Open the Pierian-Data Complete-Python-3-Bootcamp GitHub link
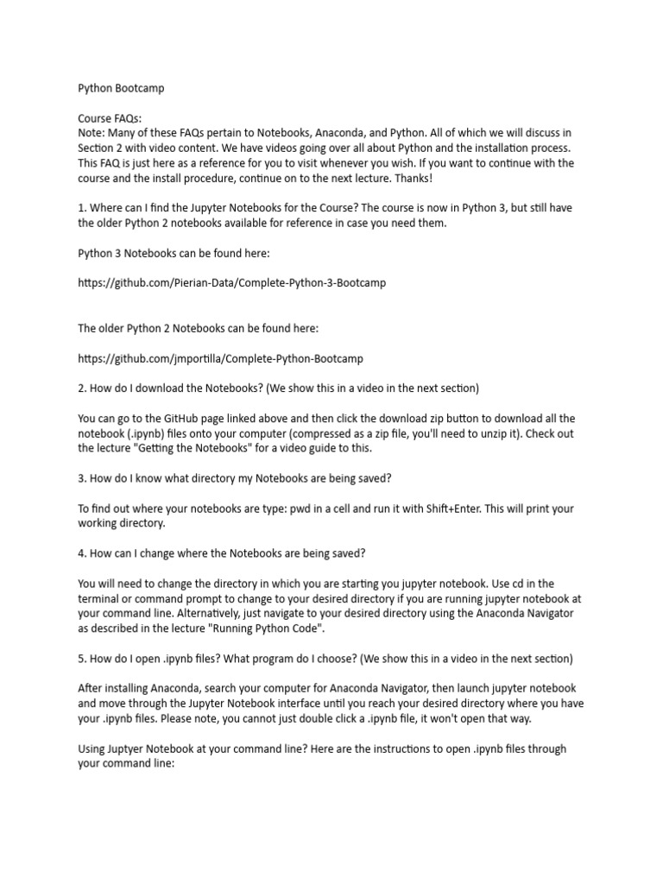coord(226,282)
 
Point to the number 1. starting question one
coord(83,208)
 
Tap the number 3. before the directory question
coord(83,477)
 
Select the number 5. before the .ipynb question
coord(83,658)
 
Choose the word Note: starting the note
coord(93,133)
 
